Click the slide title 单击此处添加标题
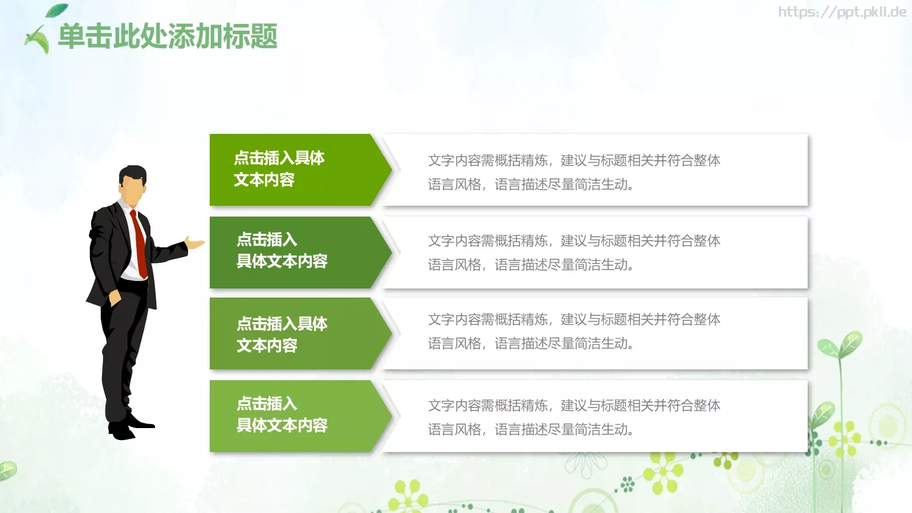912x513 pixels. pos(168,36)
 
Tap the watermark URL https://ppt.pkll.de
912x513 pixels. pos(842,12)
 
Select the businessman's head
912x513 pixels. pos(133,184)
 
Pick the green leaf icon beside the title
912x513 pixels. pos(39,39)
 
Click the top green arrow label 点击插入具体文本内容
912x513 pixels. pos(279,169)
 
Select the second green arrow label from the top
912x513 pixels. pos(282,250)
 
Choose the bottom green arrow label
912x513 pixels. pos(282,414)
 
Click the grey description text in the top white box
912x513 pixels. pos(574,172)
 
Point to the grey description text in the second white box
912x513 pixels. pos(574,253)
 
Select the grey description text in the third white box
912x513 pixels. pos(574,331)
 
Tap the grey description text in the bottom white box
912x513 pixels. pos(574,417)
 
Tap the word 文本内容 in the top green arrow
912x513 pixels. pos(264,180)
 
